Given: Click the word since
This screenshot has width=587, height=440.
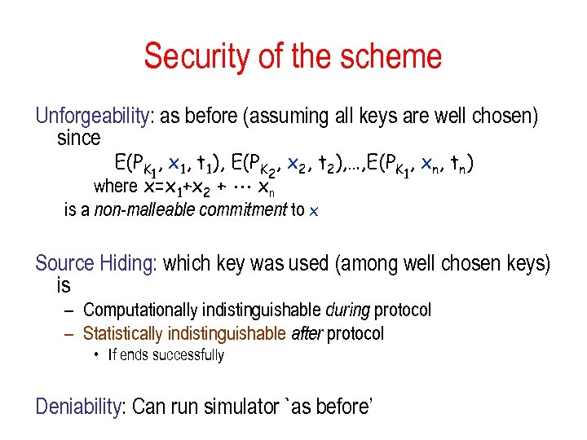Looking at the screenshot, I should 78,138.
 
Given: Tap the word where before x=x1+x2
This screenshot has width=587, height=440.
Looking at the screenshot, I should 116,187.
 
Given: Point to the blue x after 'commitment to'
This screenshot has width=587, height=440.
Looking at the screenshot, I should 315,212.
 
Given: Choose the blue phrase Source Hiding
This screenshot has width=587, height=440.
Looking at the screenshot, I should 96,264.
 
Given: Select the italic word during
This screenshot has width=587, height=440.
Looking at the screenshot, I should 347,310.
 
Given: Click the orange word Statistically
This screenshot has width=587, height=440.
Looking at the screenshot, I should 123,334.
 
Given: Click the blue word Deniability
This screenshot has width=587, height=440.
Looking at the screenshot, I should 77,406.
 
